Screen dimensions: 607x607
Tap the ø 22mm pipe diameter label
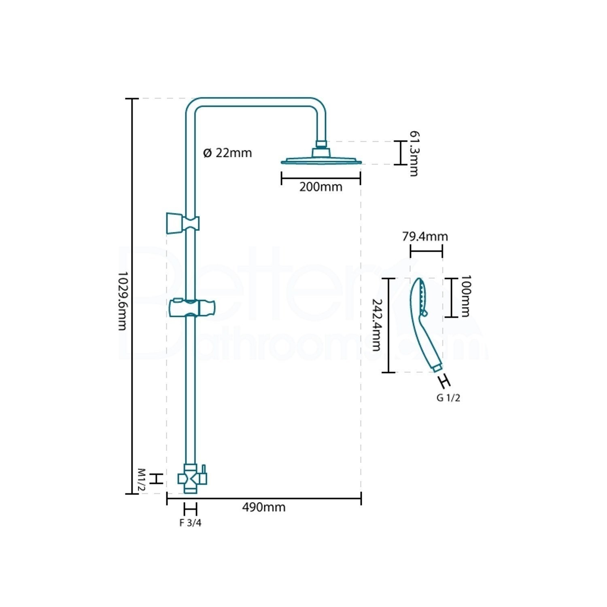(x=227, y=153)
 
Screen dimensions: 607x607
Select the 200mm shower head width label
(x=321, y=187)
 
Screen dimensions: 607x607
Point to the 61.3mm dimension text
(x=414, y=153)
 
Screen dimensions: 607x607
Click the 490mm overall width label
(x=264, y=507)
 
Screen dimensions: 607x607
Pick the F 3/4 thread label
(x=190, y=523)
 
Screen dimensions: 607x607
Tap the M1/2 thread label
(x=141, y=480)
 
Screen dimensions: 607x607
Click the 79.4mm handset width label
(x=425, y=236)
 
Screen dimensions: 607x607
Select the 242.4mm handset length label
(x=377, y=325)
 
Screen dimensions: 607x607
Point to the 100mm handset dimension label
(x=466, y=296)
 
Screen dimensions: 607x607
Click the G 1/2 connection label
(x=448, y=398)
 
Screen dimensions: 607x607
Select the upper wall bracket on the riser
(x=183, y=223)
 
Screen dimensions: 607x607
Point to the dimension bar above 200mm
(x=321, y=178)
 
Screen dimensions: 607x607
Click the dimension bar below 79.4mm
(x=426, y=251)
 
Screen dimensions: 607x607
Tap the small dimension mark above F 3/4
(x=190, y=509)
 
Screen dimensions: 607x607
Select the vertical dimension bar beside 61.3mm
(x=400, y=153)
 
